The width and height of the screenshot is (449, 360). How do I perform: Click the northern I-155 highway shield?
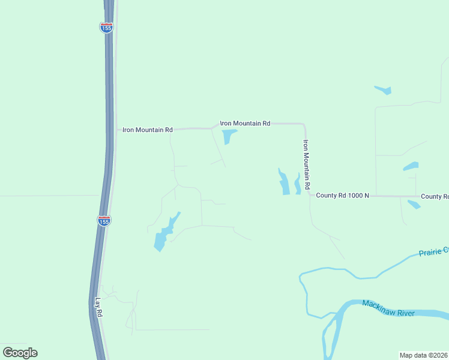coord(106,28)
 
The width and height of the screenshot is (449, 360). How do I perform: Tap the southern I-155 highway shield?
coord(104,221)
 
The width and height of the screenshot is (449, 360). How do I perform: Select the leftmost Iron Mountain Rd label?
coord(148,130)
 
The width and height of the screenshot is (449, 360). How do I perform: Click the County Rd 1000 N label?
coord(342,196)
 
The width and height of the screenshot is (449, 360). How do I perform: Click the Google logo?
coord(20,353)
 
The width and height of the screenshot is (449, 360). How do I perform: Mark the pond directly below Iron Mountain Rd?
coord(228,137)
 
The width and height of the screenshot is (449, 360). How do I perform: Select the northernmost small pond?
coord(384,91)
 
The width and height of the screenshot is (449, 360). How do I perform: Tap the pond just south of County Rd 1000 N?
coord(414,205)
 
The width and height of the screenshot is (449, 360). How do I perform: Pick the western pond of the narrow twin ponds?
coord(283,182)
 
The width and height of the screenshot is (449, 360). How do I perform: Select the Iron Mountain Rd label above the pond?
coord(246,123)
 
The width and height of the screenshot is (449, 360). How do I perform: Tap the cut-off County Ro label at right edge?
coord(435,196)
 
